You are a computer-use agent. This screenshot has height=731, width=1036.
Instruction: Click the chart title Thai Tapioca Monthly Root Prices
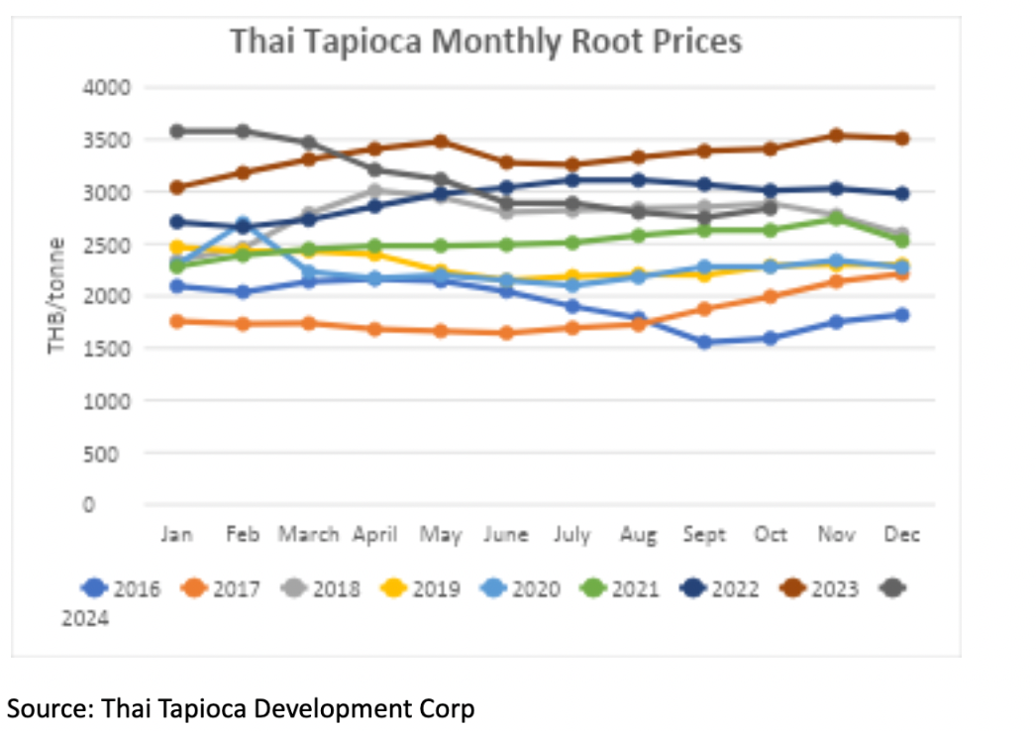[485, 42]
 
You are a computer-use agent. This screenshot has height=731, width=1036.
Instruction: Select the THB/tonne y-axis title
[57, 294]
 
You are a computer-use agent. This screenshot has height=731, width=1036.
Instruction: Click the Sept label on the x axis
[704, 535]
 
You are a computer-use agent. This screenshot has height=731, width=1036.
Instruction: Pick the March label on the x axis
[308, 535]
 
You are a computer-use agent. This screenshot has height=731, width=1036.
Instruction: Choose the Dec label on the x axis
[902, 535]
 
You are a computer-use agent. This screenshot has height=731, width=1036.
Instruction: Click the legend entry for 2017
[222, 589]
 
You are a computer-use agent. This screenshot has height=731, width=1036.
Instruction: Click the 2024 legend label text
[84, 619]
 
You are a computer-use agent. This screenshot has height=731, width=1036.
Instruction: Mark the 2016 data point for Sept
[704, 343]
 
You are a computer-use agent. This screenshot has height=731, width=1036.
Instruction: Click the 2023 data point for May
[441, 142]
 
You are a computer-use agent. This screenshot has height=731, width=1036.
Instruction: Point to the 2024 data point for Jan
[176, 131]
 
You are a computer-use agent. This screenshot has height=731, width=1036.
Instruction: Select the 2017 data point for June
[506, 333]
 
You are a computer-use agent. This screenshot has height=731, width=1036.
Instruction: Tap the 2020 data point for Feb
[243, 224]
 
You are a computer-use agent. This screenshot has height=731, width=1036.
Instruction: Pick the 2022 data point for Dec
[902, 194]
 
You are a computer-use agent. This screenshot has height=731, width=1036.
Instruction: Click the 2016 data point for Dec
[902, 315]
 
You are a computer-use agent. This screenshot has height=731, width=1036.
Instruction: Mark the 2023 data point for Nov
[836, 136]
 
